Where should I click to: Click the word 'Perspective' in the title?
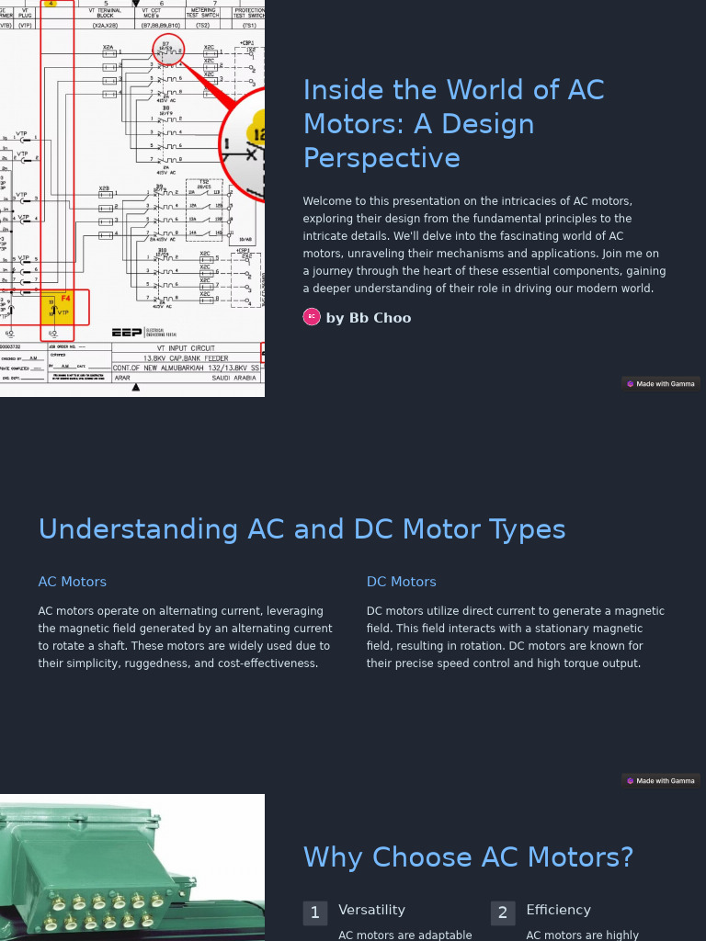[381, 158]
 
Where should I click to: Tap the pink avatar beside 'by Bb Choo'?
[312, 317]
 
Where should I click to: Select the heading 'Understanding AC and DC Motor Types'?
[302, 529]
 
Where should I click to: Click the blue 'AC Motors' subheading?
[72, 582]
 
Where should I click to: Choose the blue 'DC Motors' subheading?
[401, 582]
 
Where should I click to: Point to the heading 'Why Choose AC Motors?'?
[468, 856]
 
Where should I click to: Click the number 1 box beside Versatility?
[314, 913]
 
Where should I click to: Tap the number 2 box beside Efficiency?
[502, 913]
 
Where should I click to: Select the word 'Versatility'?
[371, 910]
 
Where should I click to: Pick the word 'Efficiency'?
[558, 910]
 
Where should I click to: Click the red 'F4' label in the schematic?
[65, 299]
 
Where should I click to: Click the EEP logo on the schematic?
[126, 332]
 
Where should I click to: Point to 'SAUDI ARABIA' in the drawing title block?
[233, 378]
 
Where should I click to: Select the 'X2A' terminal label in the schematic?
[108, 47]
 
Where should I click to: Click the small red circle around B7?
[168, 51]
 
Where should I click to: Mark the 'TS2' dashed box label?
[204, 182]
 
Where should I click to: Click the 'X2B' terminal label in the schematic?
[105, 189]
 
